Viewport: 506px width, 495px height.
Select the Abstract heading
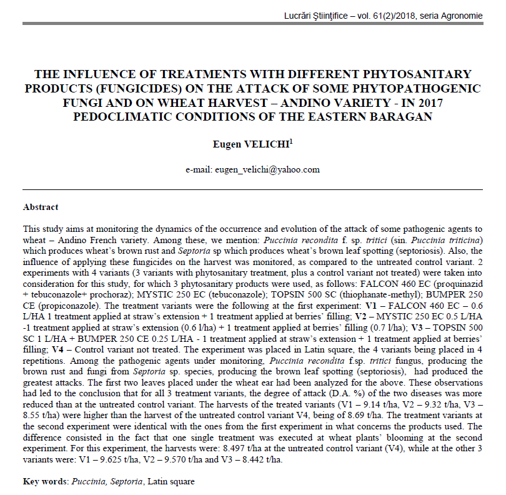click(41, 207)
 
